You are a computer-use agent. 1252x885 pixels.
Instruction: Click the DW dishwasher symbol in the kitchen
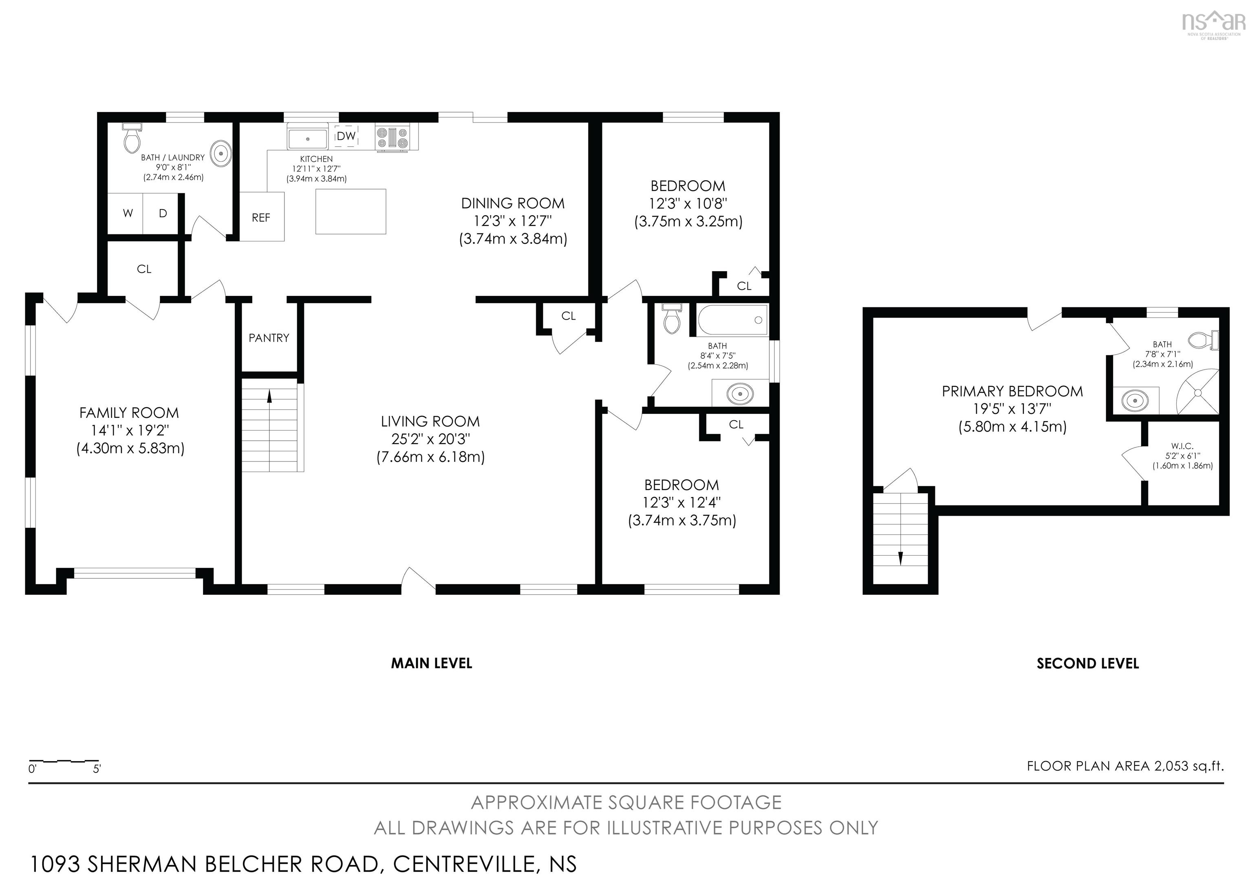(x=346, y=136)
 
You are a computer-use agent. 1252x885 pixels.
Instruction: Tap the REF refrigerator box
(x=261, y=217)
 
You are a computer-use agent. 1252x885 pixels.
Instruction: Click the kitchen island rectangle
(x=350, y=212)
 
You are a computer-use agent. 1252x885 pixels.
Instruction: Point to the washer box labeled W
(x=128, y=213)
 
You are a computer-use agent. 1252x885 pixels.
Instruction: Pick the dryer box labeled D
(x=163, y=213)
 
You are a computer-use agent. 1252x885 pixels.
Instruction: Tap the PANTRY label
(x=269, y=338)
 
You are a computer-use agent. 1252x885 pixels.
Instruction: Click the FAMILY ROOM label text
(x=129, y=413)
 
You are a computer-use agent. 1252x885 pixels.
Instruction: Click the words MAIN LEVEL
(x=431, y=664)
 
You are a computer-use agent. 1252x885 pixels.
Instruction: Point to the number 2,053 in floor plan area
(x=1171, y=766)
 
